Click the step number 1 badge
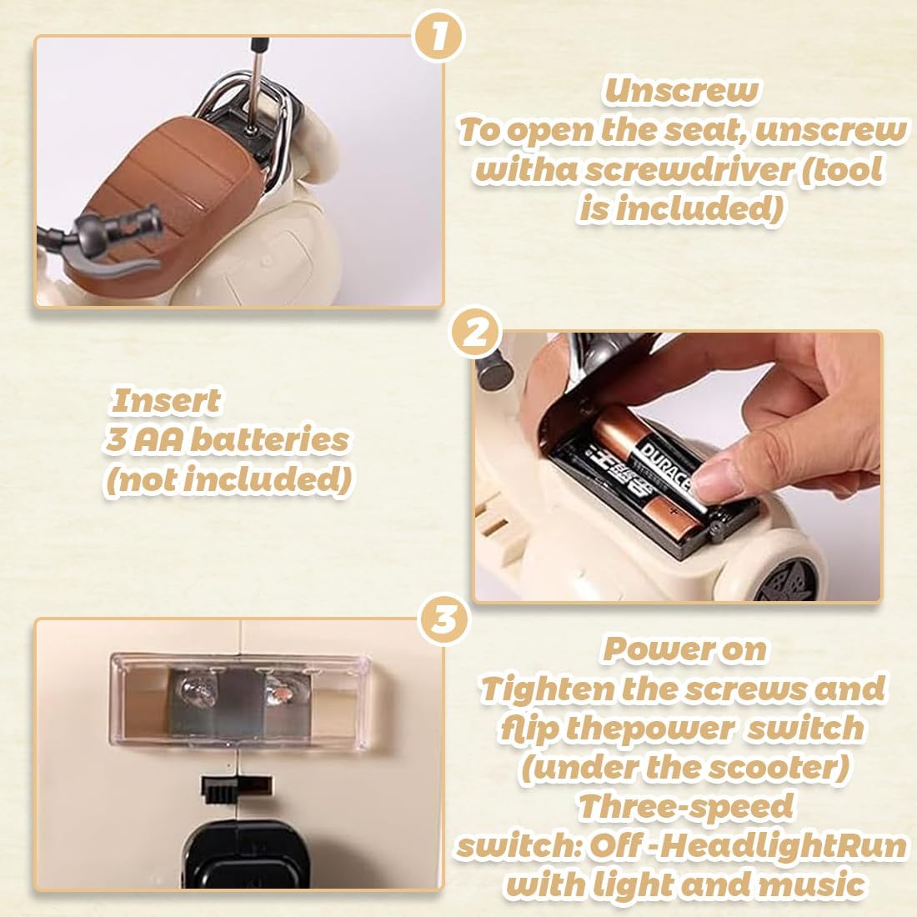coord(438,36)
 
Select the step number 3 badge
coord(444,619)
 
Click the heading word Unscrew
coord(681,91)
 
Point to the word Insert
coord(166,401)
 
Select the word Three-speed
coord(684,806)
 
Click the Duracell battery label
coord(667,468)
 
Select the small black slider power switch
coord(237,787)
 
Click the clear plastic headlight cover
coord(240,703)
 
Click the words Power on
coord(684,649)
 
